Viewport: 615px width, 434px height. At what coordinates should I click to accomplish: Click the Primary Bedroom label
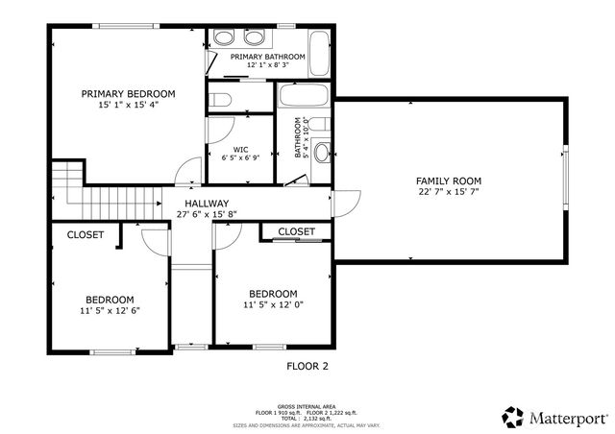coord(128,93)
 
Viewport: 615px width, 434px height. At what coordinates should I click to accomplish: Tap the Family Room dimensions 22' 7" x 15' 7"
coord(448,192)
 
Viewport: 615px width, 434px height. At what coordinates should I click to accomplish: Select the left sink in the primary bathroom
coord(223,37)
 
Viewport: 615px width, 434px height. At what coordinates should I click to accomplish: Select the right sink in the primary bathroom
coord(255,37)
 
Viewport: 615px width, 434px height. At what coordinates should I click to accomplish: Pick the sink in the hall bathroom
coord(322,151)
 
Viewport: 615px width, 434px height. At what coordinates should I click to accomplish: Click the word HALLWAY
coord(207,204)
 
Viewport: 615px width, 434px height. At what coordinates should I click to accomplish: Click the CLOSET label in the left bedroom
coord(86,234)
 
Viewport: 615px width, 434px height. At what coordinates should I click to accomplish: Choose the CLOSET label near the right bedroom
coord(296,231)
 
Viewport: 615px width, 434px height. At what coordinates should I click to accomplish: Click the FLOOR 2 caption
coord(307,366)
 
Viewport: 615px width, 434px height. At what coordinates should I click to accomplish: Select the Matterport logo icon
coord(512,417)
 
